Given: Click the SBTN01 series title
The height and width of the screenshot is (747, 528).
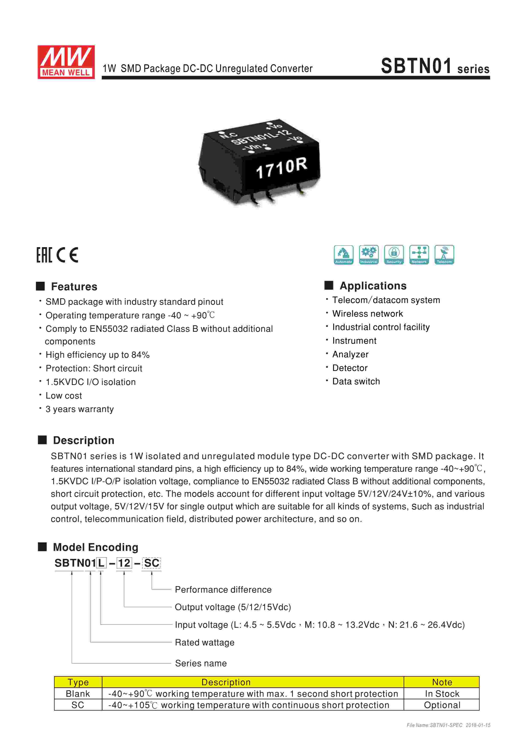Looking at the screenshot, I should click(435, 66).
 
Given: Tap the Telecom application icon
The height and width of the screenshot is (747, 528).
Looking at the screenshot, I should click(444, 254).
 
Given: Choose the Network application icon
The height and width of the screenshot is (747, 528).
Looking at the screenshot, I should click(419, 254).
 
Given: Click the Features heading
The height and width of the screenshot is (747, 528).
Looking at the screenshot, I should click(74, 287).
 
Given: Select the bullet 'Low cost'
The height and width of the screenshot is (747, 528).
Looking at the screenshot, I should click(64, 396).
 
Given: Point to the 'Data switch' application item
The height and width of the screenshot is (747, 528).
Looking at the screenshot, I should click(356, 381).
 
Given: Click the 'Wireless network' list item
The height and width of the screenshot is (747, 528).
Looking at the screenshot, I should click(367, 314).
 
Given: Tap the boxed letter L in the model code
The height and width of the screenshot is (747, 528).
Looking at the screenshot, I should click(101, 563).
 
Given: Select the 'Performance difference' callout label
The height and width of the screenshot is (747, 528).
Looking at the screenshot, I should click(223, 590).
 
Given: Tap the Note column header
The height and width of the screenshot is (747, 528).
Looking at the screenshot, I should click(442, 682).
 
